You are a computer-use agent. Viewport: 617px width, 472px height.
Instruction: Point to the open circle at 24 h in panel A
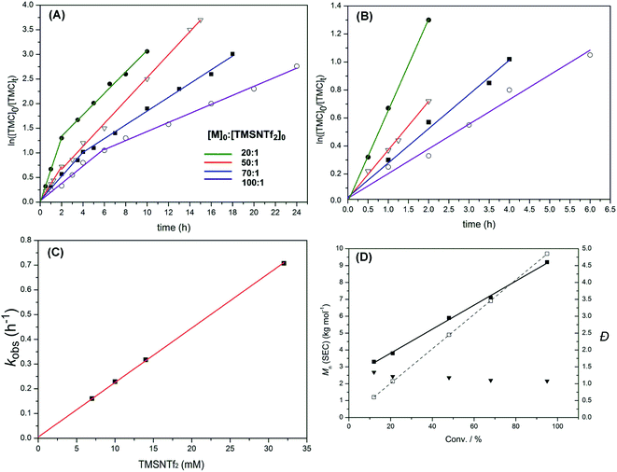296,66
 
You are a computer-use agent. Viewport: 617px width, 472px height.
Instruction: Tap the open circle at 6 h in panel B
590,55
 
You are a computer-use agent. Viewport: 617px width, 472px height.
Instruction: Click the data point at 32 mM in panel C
284,263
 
